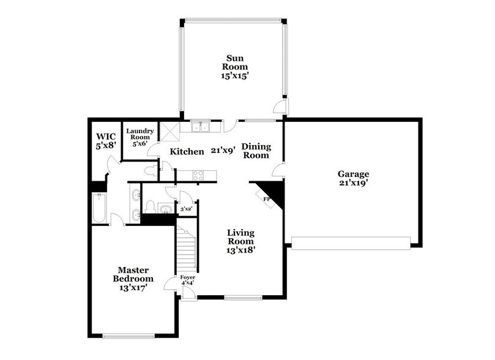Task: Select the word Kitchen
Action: tap(187, 151)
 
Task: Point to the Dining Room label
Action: tap(255, 151)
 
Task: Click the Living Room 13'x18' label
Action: tap(241, 241)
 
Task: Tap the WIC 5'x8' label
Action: tap(104, 141)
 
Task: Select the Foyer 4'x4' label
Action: tap(188, 280)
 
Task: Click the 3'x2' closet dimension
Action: tap(186, 209)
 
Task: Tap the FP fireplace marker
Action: tap(267, 199)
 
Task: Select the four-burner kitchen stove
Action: tap(199, 175)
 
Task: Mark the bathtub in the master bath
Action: tap(98, 208)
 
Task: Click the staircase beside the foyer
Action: tap(188, 248)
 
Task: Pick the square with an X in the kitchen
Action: tap(168, 130)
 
